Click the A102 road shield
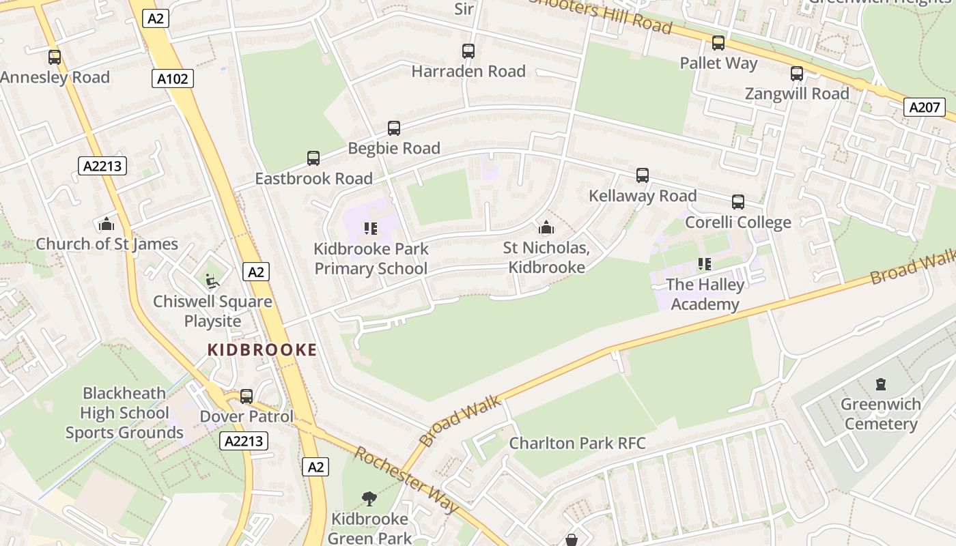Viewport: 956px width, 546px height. point(172,78)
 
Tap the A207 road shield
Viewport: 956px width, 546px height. point(925,106)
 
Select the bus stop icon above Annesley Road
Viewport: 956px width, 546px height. point(55,57)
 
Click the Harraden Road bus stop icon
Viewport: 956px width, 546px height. point(468,51)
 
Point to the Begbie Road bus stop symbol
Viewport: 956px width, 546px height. point(394,128)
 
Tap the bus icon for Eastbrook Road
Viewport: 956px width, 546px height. point(313,158)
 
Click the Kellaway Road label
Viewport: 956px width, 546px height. point(643,196)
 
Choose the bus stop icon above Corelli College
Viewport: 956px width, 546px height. point(738,202)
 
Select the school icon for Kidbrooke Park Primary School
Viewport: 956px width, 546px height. point(371,229)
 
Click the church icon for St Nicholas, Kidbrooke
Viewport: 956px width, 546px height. point(546,227)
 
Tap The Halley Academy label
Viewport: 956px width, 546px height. point(705,294)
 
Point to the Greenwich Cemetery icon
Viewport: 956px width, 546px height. point(881,384)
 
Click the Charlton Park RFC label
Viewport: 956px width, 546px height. point(577,443)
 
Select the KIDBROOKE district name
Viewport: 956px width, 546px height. point(262,350)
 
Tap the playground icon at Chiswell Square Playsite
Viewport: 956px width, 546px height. point(212,280)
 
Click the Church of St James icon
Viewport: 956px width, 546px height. point(107,224)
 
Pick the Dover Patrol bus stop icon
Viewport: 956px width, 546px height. point(247,397)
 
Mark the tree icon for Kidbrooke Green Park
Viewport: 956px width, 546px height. point(369,499)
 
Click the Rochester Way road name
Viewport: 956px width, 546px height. point(406,480)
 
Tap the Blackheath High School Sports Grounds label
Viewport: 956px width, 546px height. point(124,413)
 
